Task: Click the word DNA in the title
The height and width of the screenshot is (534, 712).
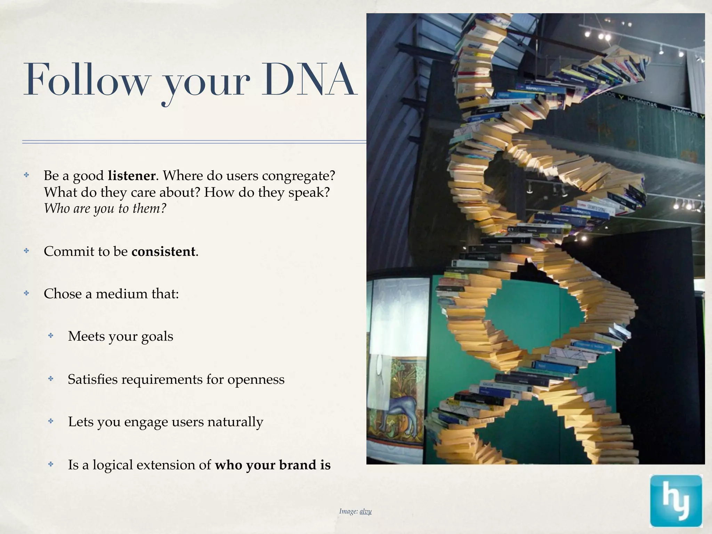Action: pos(309,80)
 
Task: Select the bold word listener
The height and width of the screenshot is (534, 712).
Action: pos(131,176)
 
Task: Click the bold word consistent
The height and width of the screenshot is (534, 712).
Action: pos(163,251)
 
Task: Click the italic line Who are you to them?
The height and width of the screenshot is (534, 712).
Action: pos(105,209)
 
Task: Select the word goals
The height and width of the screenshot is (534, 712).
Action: pos(157,337)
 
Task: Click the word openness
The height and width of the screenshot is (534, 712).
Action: pos(256,379)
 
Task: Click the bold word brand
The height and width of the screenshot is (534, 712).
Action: pos(295,465)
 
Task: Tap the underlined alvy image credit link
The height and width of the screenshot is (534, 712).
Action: pos(365,511)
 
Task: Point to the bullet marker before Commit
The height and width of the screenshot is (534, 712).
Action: pos(26,251)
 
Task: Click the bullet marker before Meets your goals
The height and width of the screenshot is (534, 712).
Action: pos(51,336)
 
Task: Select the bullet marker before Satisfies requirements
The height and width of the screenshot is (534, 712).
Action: pos(51,379)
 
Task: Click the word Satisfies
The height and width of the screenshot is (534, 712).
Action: pos(93,379)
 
